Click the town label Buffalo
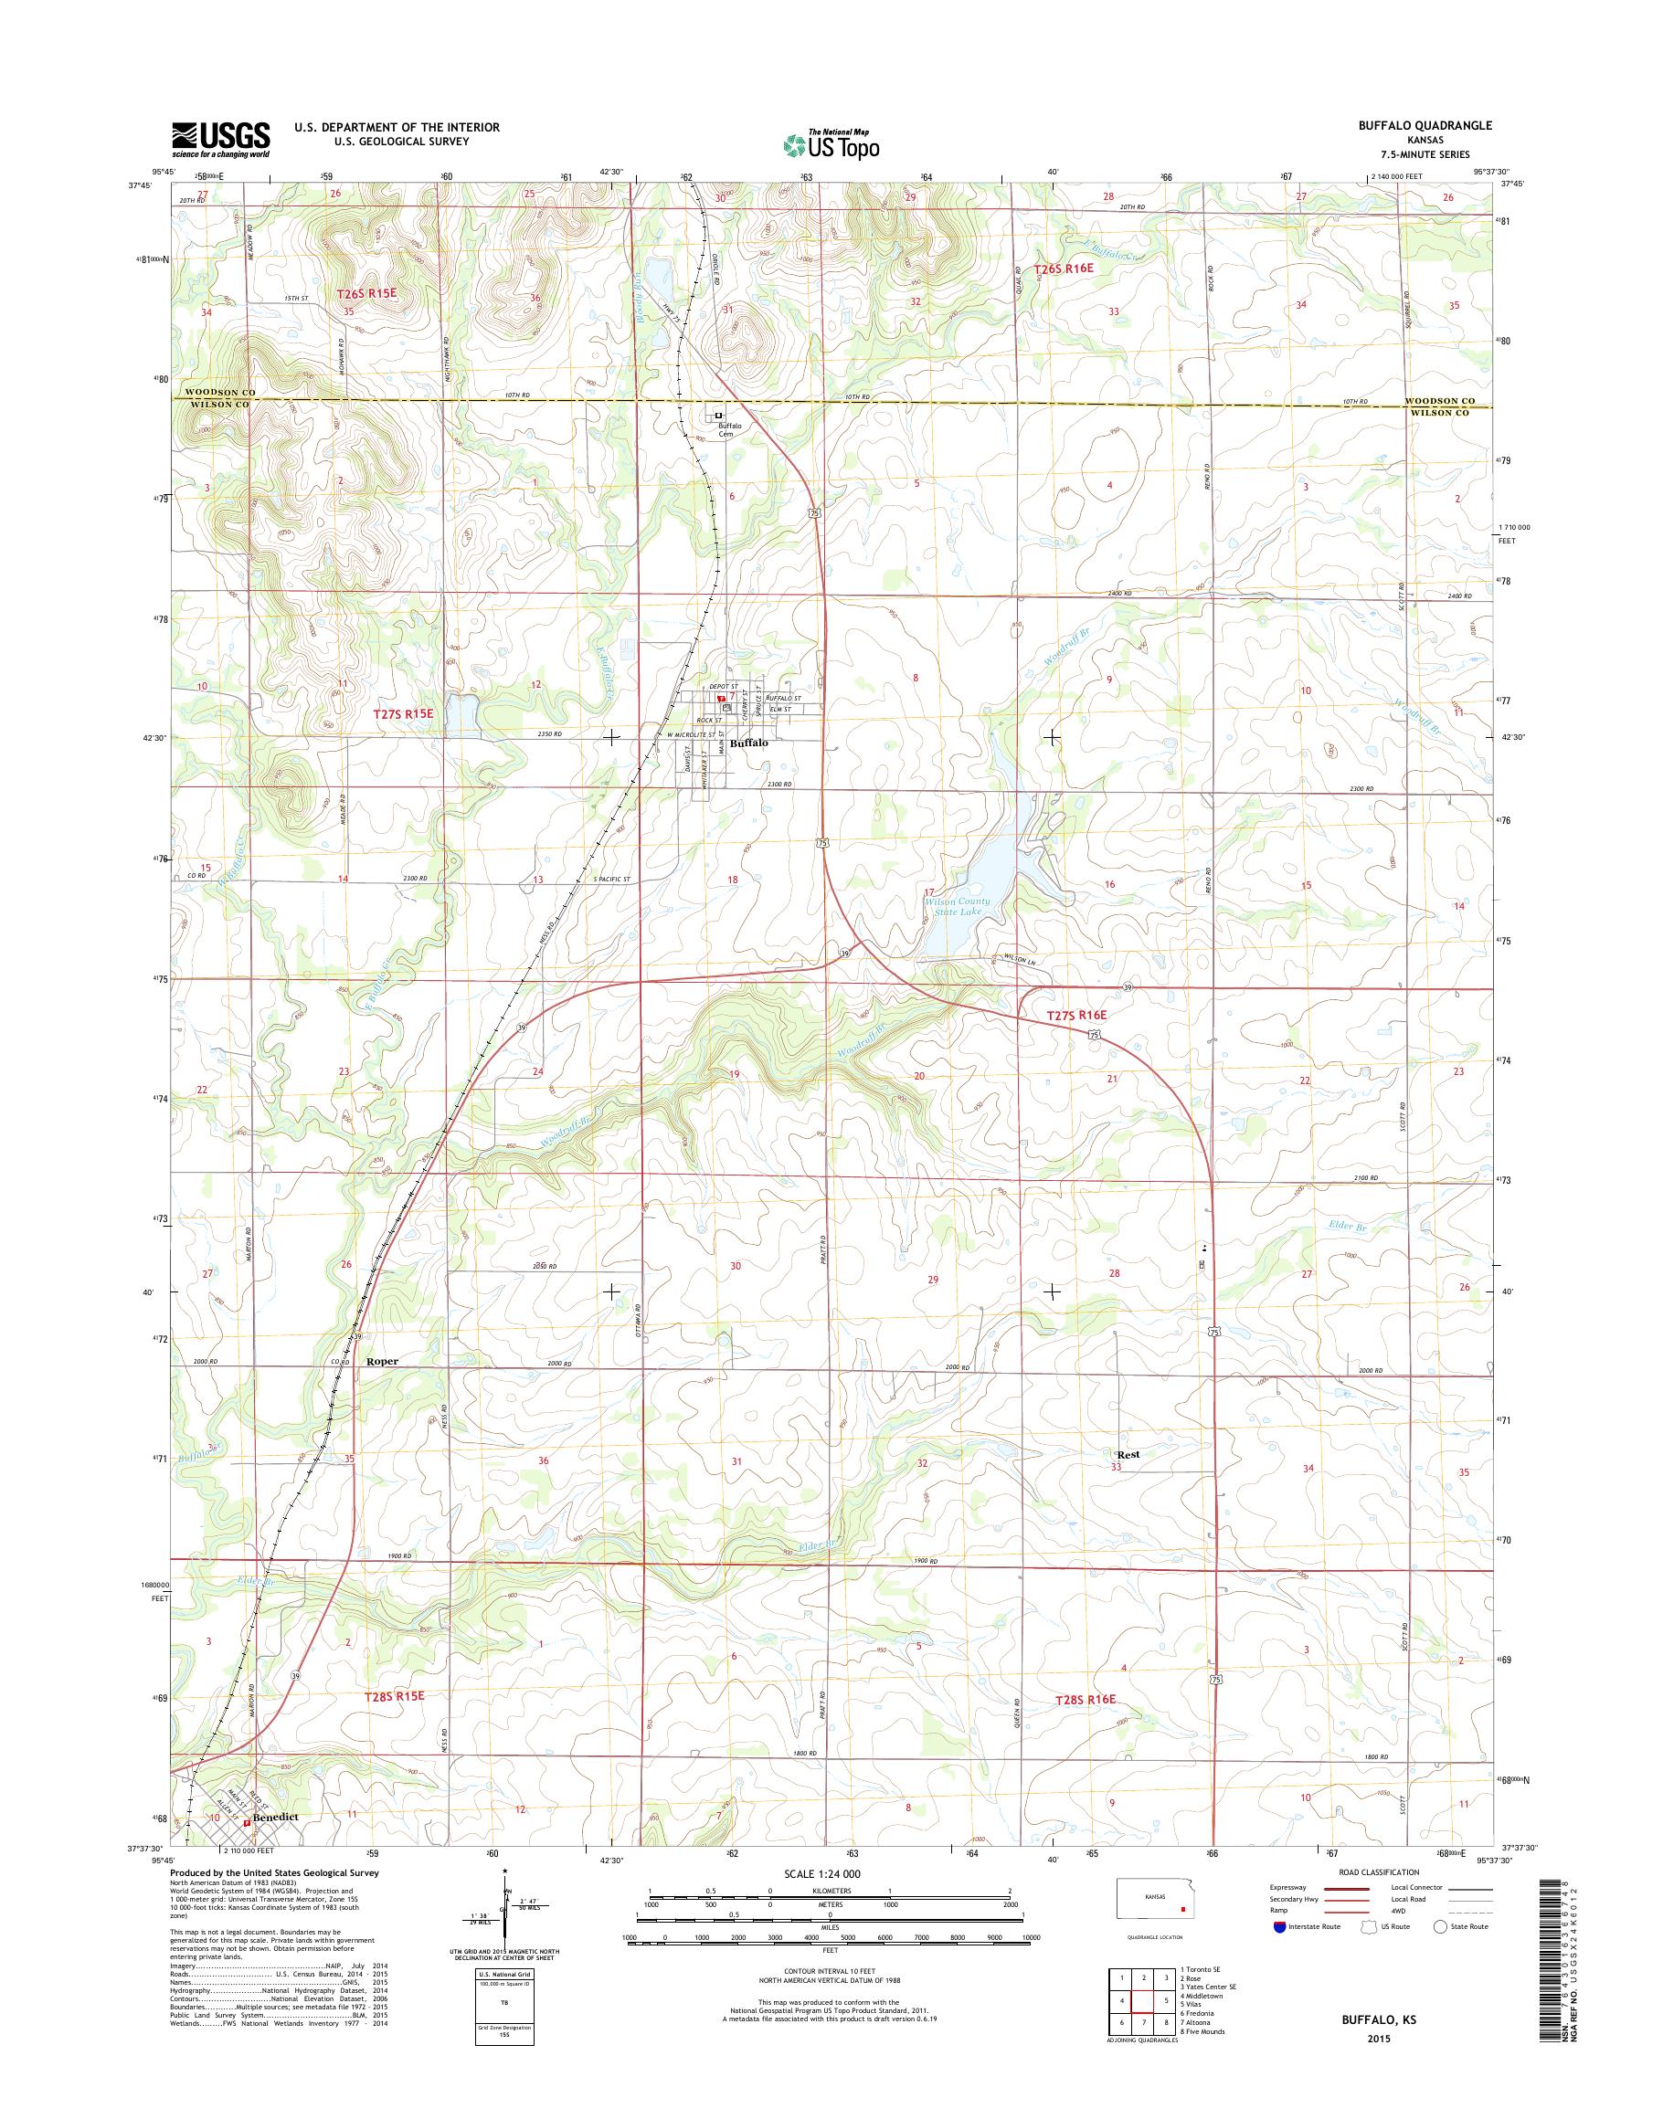747,743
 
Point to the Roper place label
382,1362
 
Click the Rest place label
1128,1454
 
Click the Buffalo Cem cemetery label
730,430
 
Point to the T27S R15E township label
403,713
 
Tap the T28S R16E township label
1085,1699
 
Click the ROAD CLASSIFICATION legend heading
1380,1871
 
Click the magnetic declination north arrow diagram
505,1922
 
